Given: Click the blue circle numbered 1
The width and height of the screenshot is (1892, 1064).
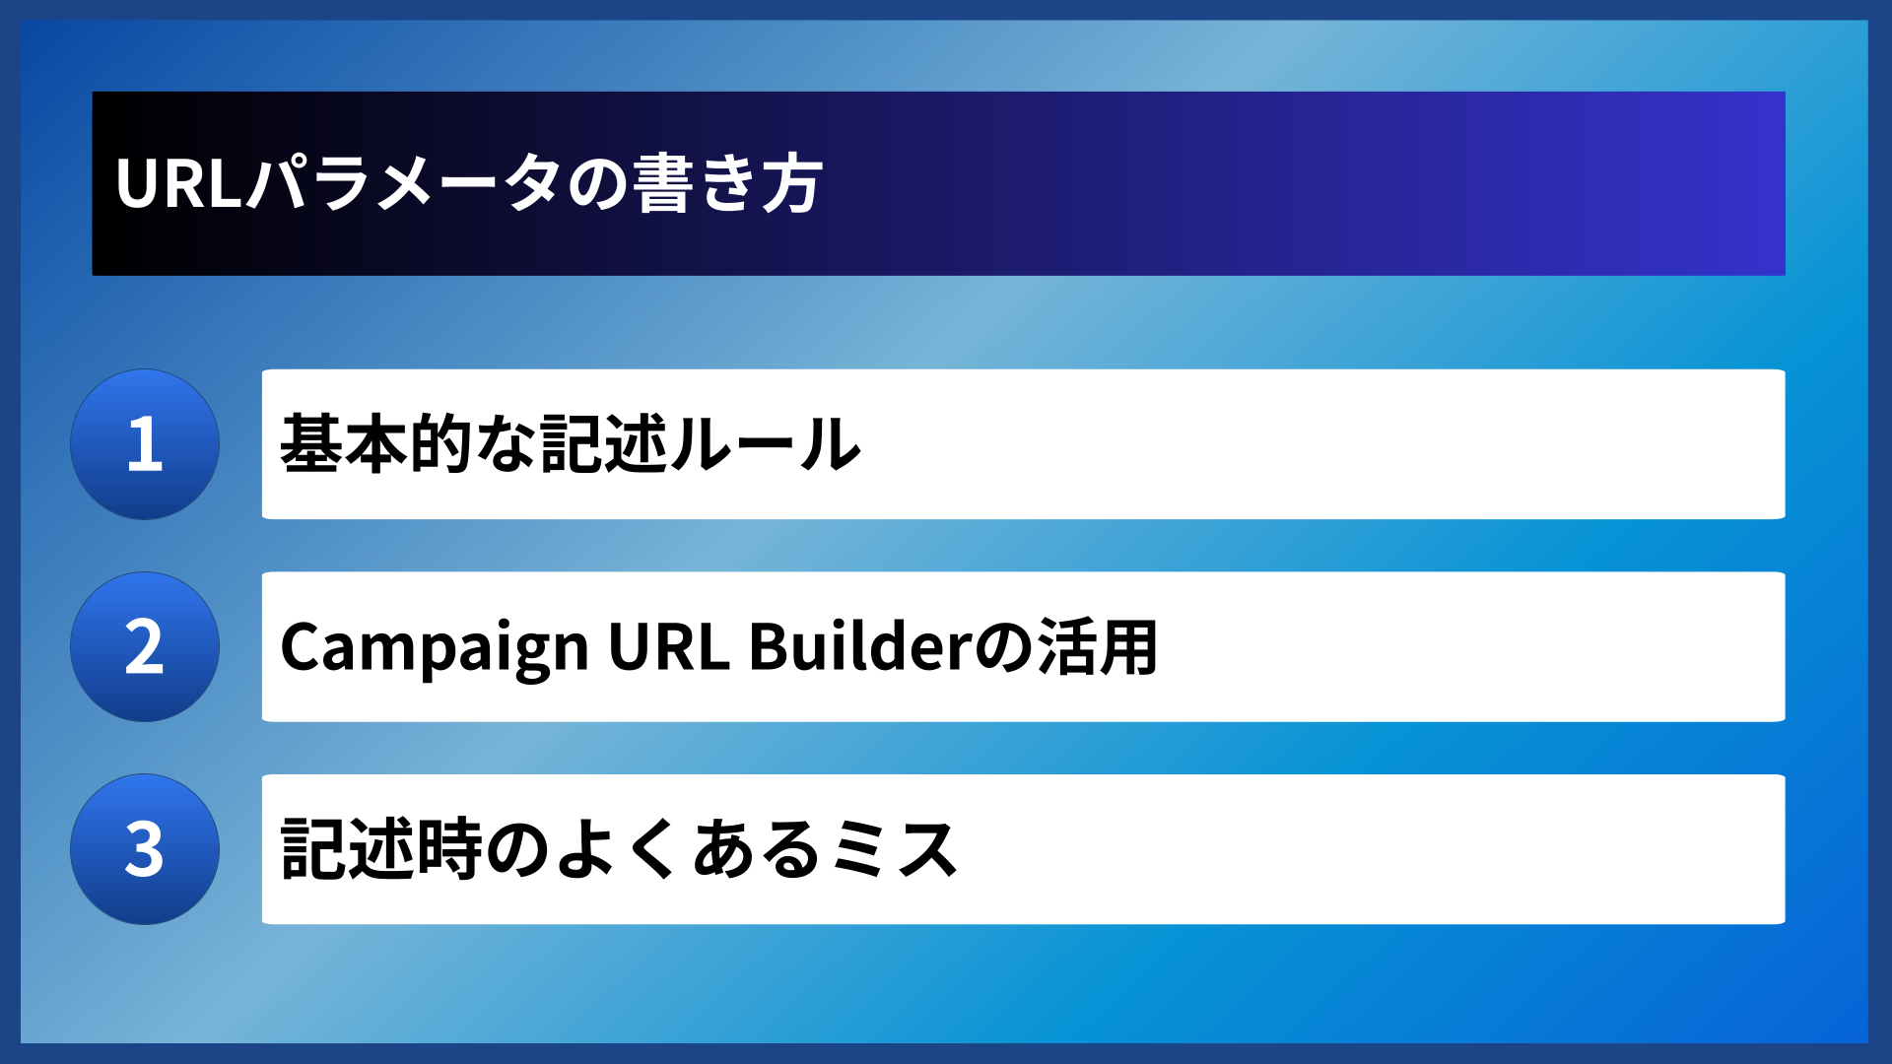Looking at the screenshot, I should pos(145,444).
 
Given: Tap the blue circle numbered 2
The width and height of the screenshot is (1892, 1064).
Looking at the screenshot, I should pos(145,647).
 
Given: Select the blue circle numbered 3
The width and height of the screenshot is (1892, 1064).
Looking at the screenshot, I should pos(145,849).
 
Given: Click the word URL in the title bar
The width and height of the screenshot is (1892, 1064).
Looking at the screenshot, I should pos(178,183).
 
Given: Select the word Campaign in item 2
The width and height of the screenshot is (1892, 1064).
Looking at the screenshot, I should pos(434,647).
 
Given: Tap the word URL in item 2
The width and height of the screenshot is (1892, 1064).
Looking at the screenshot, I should pos(668,647).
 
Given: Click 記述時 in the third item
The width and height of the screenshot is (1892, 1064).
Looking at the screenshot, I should pos(380,849).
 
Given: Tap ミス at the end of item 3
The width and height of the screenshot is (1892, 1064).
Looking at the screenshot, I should pos(892,849).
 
